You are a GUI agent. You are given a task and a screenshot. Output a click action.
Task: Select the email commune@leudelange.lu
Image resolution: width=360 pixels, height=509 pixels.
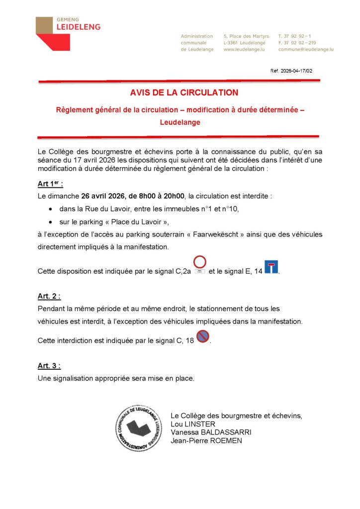[305, 50]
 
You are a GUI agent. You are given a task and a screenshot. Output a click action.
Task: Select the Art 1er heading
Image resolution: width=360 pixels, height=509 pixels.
[50, 184]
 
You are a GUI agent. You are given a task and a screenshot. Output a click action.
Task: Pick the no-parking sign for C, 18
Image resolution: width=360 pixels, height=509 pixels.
[202, 337]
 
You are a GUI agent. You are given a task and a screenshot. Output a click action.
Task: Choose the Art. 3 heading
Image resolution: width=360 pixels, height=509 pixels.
[49, 366]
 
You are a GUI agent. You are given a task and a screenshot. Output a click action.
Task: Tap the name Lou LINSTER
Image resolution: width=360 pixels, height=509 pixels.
[193, 424]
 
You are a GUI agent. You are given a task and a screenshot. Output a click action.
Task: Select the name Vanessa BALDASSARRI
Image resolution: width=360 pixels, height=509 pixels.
[211, 432]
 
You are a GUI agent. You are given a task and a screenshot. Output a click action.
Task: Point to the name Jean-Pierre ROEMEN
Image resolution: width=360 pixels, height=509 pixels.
[206, 440]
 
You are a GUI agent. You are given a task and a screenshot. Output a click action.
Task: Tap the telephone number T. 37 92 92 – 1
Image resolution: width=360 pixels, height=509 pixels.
[295, 36]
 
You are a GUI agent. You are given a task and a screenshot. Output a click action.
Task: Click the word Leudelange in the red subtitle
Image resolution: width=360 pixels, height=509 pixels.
[180, 122]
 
